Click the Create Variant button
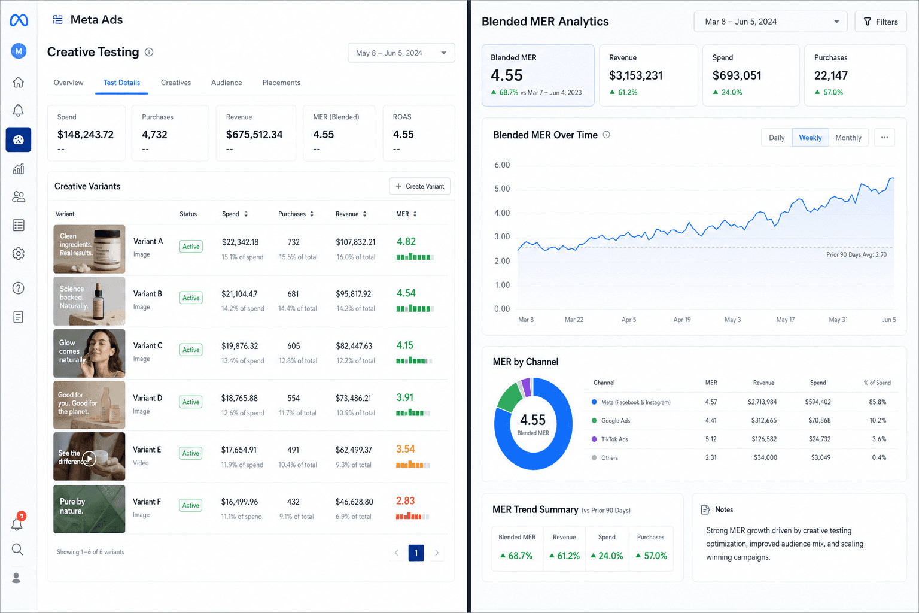pyautogui.click(x=419, y=186)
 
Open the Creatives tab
pyautogui.click(x=175, y=83)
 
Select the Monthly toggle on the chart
pyautogui.click(x=848, y=138)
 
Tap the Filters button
pyautogui.click(x=881, y=22)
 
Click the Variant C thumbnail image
pyautogui.click(x=89, y=353)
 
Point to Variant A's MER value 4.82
pyautogui.click(x=406, y=241)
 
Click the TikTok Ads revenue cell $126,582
pyautogui.click(x=764, y=439)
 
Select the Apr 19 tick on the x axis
pyautogui.click(x=682, y=320)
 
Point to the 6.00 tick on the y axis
pyautogui.click(x=502, y=165)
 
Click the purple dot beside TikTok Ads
pyautogui.click(x=594, y=439)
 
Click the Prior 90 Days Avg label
pyautogui.click(x=856, y=254)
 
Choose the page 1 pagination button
pyautogui.click(x=416, y=553)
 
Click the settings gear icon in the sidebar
pyautogui.click(x=18, y=254)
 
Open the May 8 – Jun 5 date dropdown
pyautogui.click(x=401, y=53)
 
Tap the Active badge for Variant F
pyautogui.click(x=191, y=505)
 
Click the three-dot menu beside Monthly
pyautogui.click(x=884, y=138)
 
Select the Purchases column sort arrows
pyautogui.click(x=312, y=214)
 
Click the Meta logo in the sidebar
pyautogui.click(x=19, y=20)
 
